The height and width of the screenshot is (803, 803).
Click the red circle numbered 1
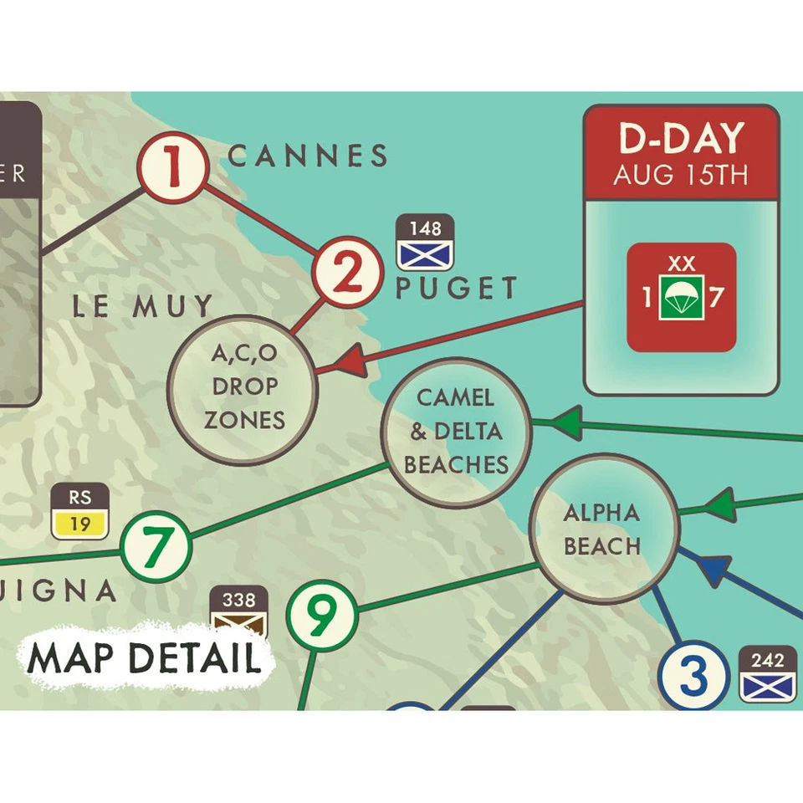[x=172, y=169]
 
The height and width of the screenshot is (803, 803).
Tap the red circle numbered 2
[x=347, y=273]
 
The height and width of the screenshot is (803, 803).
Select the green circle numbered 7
[x=156, y=547]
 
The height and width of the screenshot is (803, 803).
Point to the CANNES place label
[x=308, y=156]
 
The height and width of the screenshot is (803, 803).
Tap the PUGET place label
[x=457, y=289]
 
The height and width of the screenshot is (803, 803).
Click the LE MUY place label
[x=142, y=306]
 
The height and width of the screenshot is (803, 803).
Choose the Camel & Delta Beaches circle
[x=457, y=432]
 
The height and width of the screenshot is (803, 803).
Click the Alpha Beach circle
[x=602, y=529]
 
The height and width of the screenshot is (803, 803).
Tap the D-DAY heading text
[x=682, y=139]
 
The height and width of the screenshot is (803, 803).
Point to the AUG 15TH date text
[x=682, y=176]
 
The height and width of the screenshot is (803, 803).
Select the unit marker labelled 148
[x=425, y=243]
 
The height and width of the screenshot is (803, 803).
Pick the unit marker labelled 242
[x=767, y=674]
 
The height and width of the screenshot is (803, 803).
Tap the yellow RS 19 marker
[x=80, y=511]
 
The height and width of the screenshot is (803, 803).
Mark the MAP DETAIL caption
[x=144, y=659]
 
